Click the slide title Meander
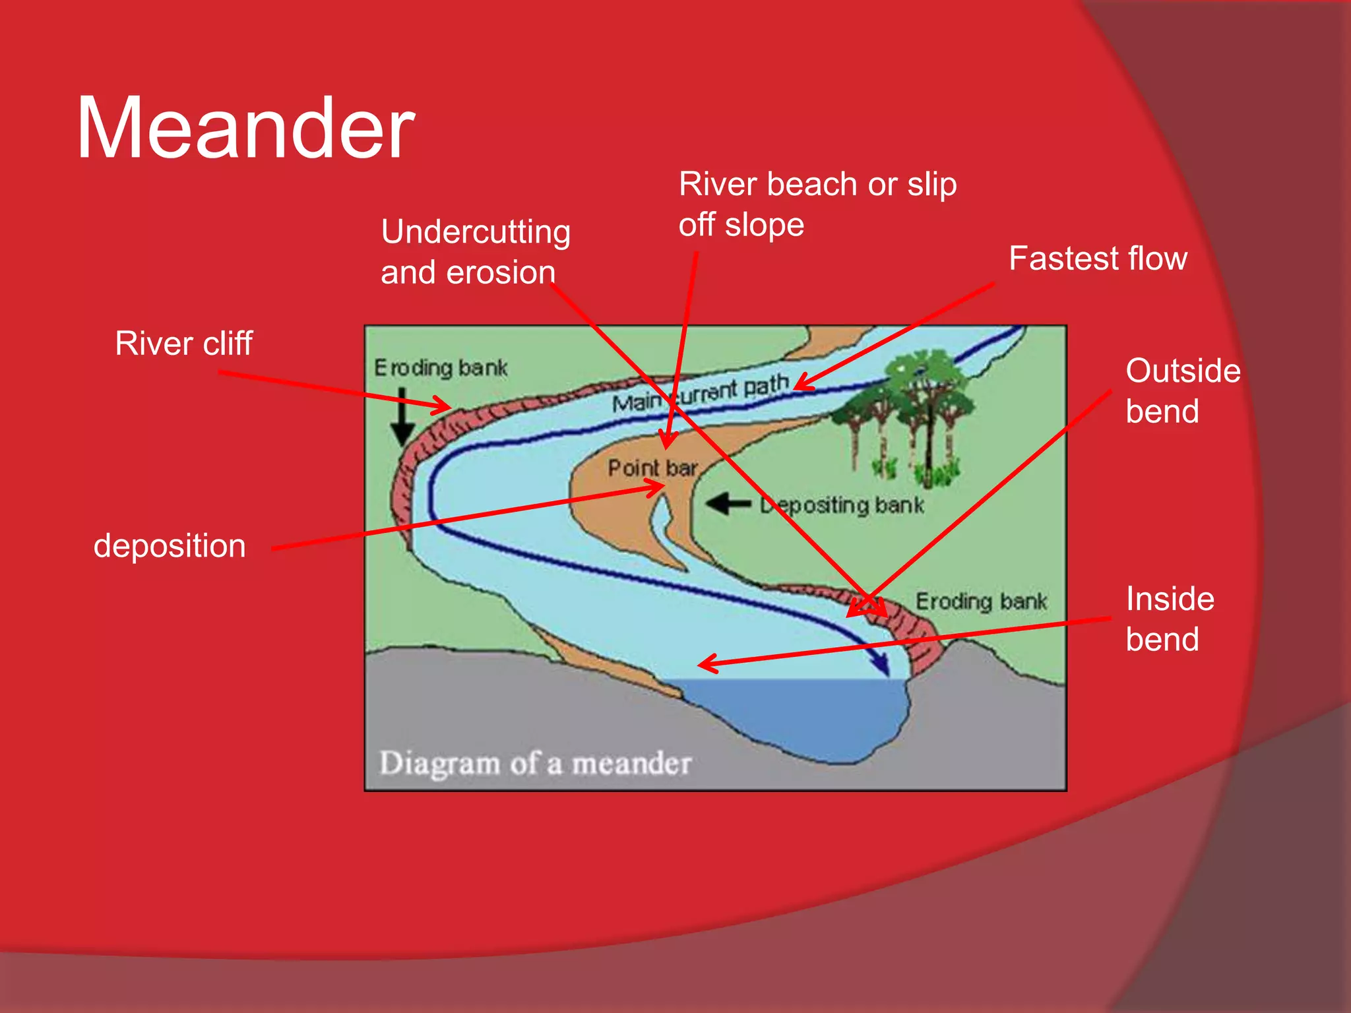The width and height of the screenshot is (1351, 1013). pos(245,129)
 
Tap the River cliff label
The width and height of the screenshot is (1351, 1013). pos(183,344)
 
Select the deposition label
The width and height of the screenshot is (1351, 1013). pos(170,546)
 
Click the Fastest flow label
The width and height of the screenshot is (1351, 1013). pos(1098,259)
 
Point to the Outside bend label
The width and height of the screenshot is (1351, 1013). pos(1182,390)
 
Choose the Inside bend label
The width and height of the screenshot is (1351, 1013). pos(1169,619)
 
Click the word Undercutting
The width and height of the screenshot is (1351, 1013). pos(476,232)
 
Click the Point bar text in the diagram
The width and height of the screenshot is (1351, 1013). pos(652,468)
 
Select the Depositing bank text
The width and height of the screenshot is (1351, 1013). pos(842,505)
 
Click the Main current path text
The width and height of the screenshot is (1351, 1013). pos(700,393)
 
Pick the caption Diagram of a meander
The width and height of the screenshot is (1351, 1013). pos(535,764)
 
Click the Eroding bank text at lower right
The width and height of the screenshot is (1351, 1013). pos(981,601)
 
